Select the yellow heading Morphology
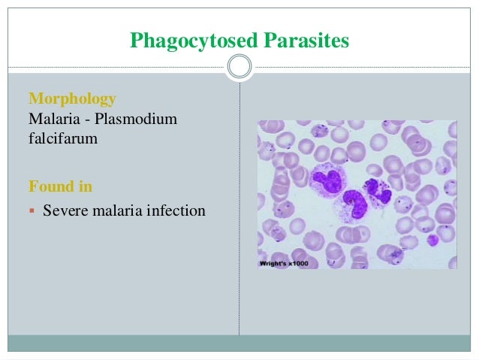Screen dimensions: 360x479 (71, 98)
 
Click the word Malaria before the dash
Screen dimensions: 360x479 (53, 118)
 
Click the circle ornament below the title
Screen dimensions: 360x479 (239, 68)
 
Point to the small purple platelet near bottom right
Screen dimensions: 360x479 (432, 241)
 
